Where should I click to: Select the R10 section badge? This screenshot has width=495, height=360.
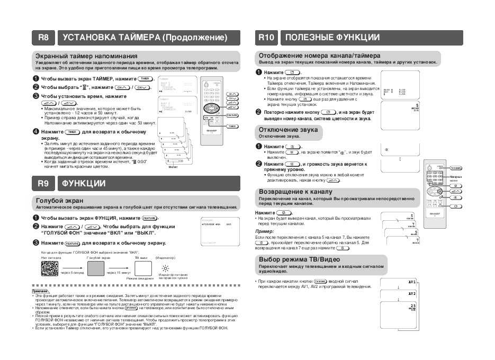[x=266, y=38]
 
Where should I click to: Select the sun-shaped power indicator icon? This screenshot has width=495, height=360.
[x=166, y=268]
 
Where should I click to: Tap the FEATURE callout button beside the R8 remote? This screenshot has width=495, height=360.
[x=232, y=115]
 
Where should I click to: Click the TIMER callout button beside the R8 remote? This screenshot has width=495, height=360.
[x=232, y=127]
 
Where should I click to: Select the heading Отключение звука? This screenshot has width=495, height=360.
[x=288, y=130]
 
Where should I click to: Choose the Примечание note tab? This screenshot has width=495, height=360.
[x=40, y=291]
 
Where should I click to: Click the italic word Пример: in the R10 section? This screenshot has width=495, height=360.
[x=264, y=231]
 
